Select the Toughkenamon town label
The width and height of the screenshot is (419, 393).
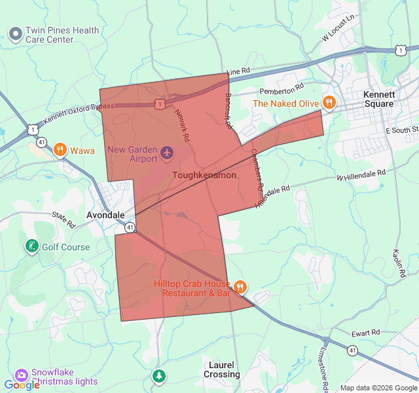204,176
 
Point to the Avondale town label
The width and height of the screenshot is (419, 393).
105,215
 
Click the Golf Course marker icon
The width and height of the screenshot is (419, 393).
31,246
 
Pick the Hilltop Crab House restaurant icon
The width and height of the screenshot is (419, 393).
240,286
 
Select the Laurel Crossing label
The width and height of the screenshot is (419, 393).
221,369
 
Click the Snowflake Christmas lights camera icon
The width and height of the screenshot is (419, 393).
22,375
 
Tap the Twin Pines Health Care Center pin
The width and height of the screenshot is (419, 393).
15,33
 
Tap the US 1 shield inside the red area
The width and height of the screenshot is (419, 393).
160,104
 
